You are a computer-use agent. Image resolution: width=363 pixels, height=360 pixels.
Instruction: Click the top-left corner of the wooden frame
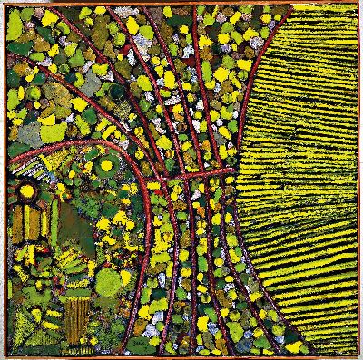coord(2,2)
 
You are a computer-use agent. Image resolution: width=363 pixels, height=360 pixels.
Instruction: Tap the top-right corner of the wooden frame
coord(360,2)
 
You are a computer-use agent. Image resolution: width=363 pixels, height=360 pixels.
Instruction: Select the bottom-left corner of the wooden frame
coord(2,357)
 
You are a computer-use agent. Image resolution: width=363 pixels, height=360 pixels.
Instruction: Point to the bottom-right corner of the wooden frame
coord(360,357)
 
